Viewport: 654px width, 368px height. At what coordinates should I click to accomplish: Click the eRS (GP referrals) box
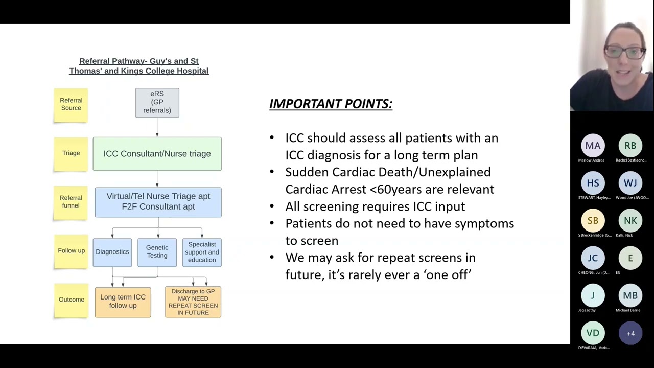[x=157, y=103]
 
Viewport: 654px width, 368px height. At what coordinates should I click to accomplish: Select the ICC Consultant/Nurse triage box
[x=157, y=153]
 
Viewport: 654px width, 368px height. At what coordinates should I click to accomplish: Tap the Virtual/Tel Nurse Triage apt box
[x=158, y=201]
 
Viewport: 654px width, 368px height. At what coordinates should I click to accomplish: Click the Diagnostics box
[x=112, y=252]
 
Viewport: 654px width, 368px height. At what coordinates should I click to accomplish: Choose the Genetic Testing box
[x=157, y=252]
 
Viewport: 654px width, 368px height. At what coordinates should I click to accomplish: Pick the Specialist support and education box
[x=202, y=252]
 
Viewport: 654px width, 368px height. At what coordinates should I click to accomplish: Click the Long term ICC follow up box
[x=123, y=302]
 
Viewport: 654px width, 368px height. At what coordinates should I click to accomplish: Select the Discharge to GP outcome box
[x=193, y=302]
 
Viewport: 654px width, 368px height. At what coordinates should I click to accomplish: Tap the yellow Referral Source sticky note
[x=71, y=105]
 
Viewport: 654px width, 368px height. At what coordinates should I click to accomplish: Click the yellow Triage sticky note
[x=71, y=153]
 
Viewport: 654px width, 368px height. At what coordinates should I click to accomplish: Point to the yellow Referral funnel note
[x=71, y=202]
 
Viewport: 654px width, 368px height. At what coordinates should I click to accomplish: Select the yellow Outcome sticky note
[x=71, y=300]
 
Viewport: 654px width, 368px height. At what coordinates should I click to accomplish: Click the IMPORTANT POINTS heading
[x=331, y=104]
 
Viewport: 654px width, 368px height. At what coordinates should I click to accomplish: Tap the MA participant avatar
[x=593, y=146]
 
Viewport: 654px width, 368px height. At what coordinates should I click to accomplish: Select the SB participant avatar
[x=593, y=221]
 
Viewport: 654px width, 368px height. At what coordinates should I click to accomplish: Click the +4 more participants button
[x=630, y=333]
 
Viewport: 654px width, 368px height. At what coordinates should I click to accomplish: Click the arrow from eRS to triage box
[x=157, y=127]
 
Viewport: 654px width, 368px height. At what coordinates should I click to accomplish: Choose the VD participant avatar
[x=593, y=333]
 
